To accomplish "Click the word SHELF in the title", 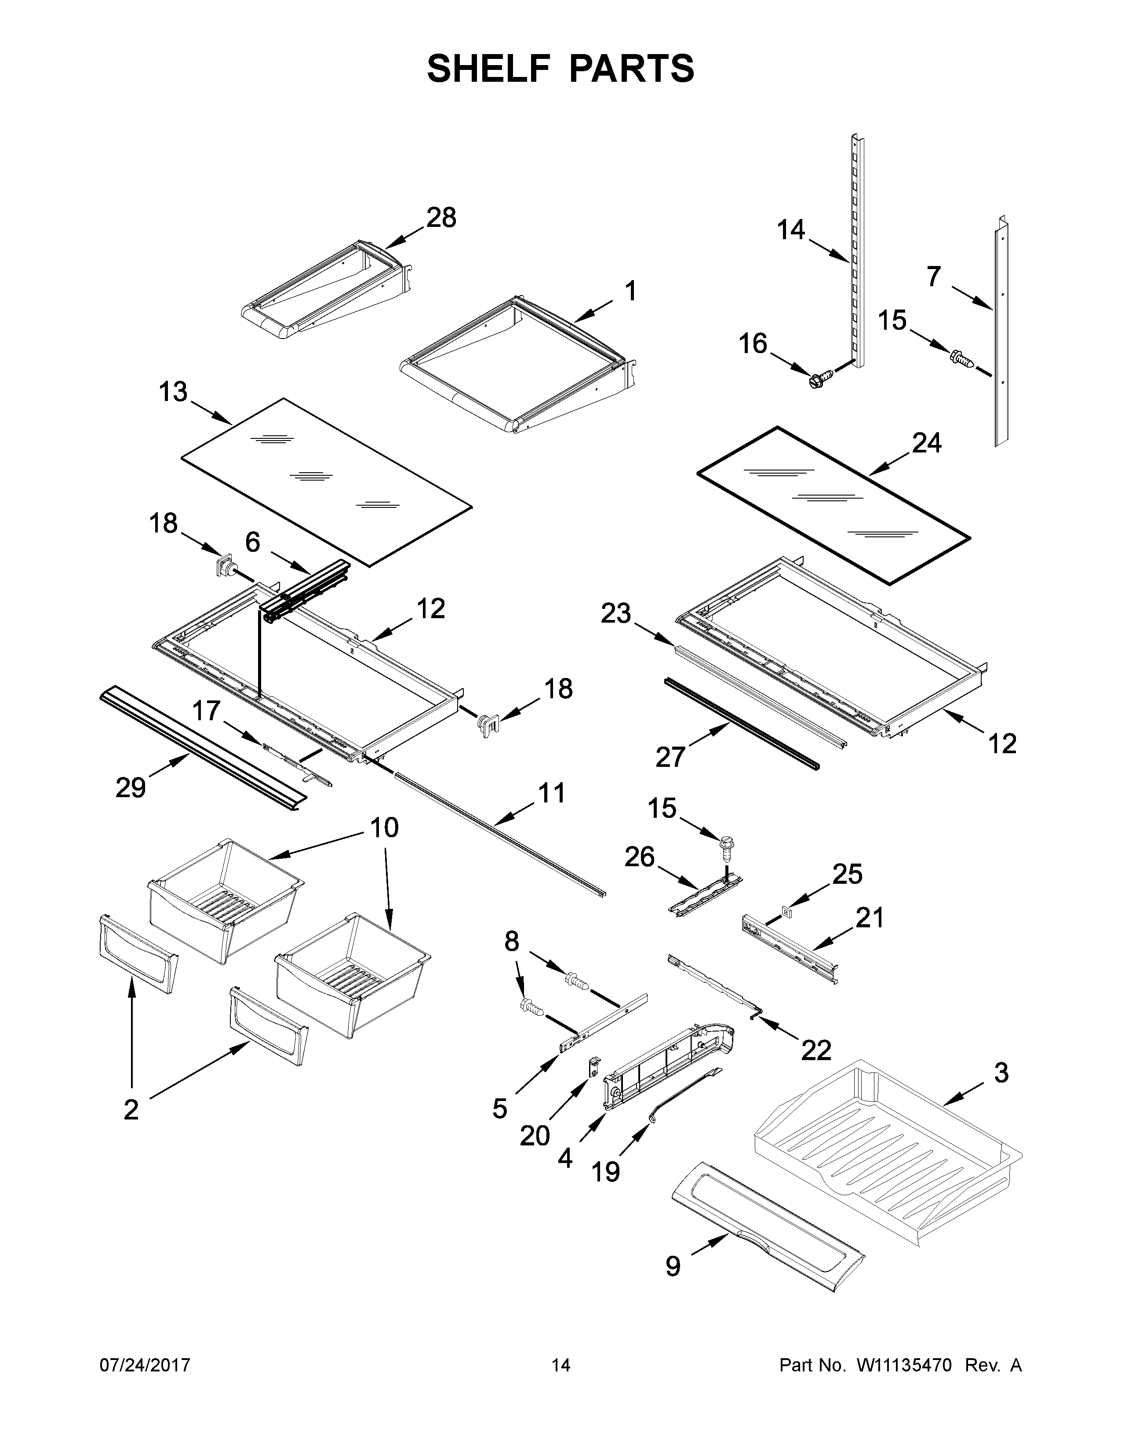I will coord(489,69).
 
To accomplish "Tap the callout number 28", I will coord(441,218).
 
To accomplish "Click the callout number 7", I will coord(934,277).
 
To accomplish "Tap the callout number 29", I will coord(130,787).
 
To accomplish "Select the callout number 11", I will coord(552,793).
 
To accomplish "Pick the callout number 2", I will coord(131,1109).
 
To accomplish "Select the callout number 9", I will coord(673,1266).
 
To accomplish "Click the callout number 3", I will coord(1001,1072).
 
